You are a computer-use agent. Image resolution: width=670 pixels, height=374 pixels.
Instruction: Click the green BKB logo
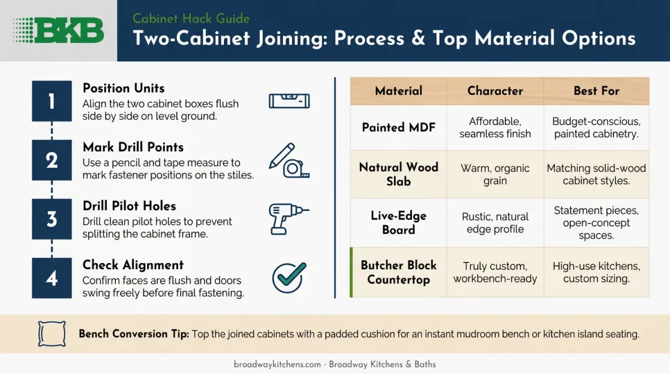[58, 30]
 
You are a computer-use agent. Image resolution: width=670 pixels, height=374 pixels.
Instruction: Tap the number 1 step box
[51, 101]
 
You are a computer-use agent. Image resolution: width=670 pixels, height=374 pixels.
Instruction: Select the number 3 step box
[51, 219]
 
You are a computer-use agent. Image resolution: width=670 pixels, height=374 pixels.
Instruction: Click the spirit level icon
[289, 101]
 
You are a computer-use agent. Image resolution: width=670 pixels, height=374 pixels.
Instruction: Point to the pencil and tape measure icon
[289, 160]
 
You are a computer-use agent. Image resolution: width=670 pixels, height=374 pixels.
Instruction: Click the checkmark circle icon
[289, 277]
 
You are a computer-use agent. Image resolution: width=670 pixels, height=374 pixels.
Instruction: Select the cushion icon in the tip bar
[51, 334]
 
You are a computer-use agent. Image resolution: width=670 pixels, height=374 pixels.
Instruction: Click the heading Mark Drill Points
[133, 147]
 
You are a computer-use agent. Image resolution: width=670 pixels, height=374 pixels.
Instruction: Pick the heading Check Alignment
[133, 265]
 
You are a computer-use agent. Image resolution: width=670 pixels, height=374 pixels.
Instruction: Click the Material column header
[399, 91]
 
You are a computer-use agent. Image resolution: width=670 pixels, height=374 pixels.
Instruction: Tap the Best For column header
[597, 91]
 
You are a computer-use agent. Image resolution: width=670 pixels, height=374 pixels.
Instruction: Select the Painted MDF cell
[399, 127]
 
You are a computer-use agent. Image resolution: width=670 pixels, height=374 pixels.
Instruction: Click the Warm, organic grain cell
[495, 174]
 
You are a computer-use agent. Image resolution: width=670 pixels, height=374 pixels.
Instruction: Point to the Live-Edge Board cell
[399, 223]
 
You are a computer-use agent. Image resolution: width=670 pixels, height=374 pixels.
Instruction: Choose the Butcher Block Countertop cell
[399, 272]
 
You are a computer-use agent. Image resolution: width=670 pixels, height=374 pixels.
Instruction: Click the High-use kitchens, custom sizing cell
[597, 272]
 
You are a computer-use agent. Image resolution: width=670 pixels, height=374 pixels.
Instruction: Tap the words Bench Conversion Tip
[134, 334]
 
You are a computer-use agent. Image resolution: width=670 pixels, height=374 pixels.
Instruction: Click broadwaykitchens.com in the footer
[277, 365]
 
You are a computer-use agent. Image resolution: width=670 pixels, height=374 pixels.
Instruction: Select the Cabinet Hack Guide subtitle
[191, 19]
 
